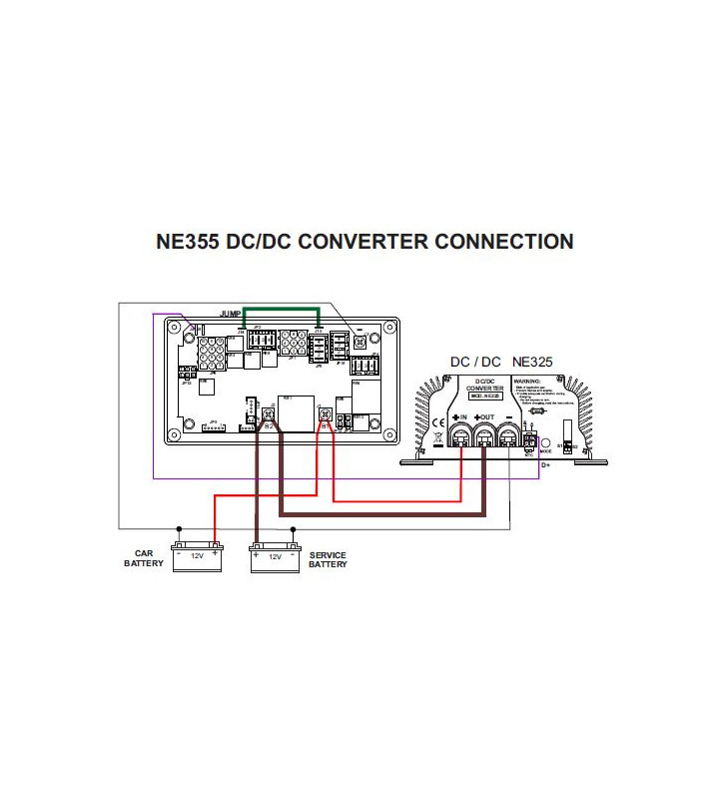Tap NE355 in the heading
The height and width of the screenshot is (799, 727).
click(x=190, y=242)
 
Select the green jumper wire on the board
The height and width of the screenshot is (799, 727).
click(x=281, y=311)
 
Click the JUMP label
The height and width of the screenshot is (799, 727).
click(x=231, y=314)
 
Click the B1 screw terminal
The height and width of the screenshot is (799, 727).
click(x=324, y=414)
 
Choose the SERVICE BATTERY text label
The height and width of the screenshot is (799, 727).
click(x=328, y=559)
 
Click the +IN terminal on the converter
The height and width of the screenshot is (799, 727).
click(x=462, y=435)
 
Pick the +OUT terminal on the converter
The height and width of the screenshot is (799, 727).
click(x=485, y=435)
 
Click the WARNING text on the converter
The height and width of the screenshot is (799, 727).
click(x=526, y=381)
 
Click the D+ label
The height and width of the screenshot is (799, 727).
click(x=546, y=464)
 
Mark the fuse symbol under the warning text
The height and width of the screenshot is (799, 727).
click(x=534, y=409)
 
